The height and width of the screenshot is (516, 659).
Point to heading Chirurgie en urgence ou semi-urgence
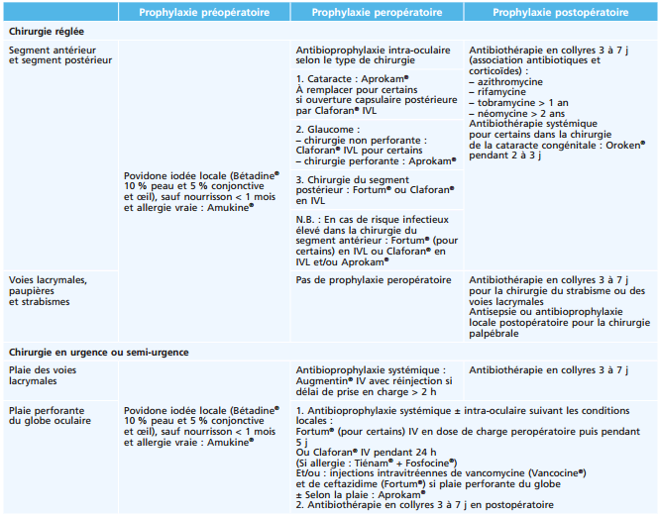tap(99, 352)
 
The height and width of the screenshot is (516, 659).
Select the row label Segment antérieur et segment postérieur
tap(59, 54)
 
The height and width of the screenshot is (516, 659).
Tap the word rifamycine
tap(501, 91)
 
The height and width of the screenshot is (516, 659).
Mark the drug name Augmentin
tap(320, 380)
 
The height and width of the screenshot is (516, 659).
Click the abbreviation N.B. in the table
tap(306, 217)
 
